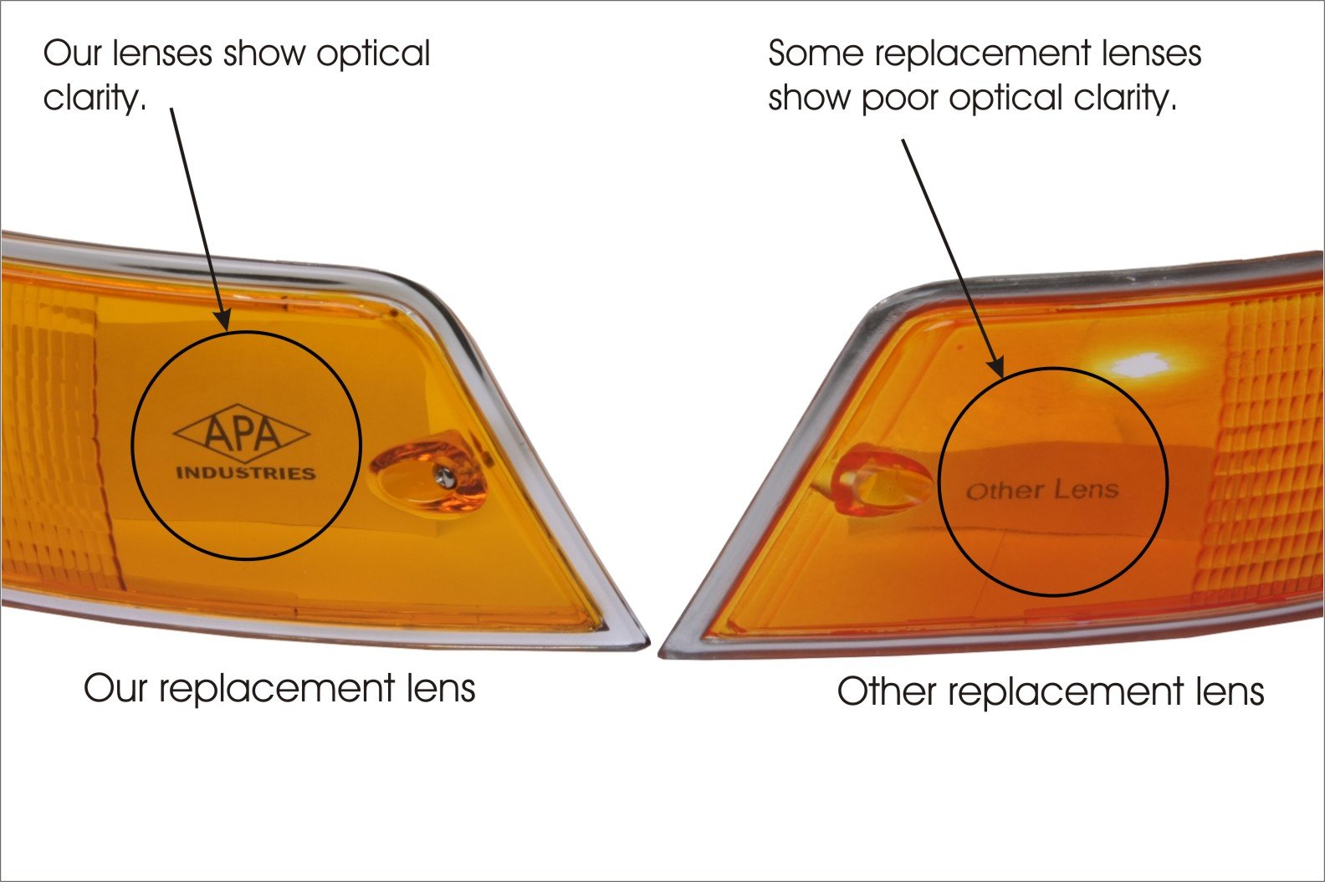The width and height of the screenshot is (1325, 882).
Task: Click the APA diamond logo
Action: point(241,433)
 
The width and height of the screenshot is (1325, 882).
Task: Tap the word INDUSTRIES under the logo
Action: point(245,473)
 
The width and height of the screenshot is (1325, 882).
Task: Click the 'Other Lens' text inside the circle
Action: point(1042,490)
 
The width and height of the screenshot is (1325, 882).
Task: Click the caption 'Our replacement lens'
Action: point(279,689)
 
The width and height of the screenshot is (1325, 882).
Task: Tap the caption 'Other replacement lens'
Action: point(1050,692)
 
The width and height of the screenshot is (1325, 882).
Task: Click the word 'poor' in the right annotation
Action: point(903,99)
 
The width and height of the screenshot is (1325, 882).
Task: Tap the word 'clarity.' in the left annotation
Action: point(95,99)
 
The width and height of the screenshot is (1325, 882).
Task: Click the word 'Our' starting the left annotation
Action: point(71,54)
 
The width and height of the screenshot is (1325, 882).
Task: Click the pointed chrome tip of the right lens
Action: point(666,650)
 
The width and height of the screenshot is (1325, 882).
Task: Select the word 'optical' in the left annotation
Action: point(373,54)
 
